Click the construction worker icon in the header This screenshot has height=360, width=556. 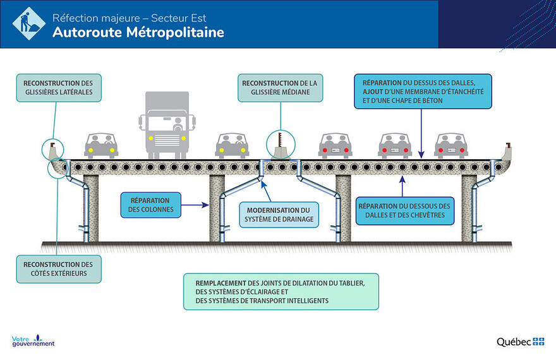[28, 23]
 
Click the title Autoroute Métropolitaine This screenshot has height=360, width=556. [138, 32]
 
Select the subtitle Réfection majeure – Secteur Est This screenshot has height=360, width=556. [130, 17]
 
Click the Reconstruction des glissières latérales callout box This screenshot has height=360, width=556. [58, 87]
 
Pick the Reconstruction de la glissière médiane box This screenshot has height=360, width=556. [279, 87]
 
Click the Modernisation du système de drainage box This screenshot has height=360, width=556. [279, 215]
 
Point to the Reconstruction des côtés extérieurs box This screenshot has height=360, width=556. [58, 269]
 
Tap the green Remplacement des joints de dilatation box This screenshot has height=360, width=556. [281, 291]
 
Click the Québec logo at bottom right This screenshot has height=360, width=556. [520, 342]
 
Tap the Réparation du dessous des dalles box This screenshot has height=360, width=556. [404, 210]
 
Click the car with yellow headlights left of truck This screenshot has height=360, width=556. [101, 145]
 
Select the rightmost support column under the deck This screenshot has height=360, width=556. [469, 208]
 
